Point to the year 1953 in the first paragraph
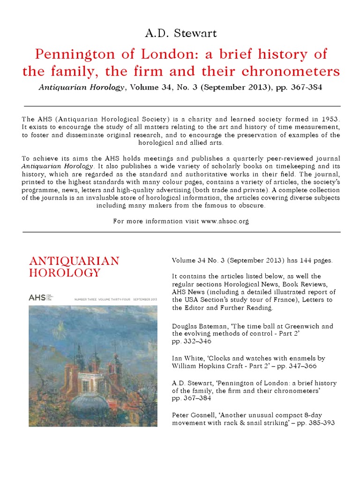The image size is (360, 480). point(328,118)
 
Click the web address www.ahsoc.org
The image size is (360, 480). point(225,221)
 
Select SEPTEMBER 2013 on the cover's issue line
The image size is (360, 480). point(145,299)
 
